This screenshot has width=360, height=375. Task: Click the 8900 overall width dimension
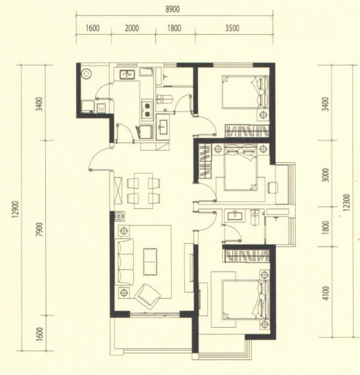coord(172,9)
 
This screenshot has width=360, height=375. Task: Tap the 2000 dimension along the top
coord(132,28)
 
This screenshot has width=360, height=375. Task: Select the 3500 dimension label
coord(232,28)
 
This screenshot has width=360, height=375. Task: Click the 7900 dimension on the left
coord(39,229)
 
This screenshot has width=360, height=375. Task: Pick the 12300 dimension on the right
coord(347,203)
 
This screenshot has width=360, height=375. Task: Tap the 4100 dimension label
coord(325,293)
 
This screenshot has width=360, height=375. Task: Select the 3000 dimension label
coord(325,175)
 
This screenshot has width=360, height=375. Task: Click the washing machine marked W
coord(102,108)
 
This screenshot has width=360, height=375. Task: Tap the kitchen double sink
coord(127,74)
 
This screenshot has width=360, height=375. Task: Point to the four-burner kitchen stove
coord(147,109)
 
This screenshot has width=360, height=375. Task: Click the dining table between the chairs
coord(144,191)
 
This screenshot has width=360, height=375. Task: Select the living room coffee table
coord(150,262)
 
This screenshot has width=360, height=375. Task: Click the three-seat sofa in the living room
coord(125,262)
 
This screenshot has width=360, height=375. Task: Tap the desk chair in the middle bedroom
coord(272,187)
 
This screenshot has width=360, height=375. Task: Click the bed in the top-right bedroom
coord(245,92)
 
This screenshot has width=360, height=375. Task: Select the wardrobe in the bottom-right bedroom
coord(247,256)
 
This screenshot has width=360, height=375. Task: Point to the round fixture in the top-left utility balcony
coord(86,74)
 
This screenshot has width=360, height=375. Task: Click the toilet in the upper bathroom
coord(165,99)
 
